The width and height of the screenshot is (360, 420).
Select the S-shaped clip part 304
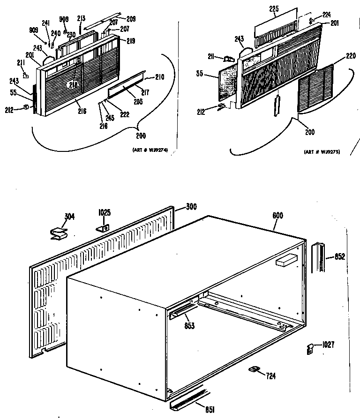[x=58, y=233]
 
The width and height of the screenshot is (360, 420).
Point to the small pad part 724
[x=254, y=370]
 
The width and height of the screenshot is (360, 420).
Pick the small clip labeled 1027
[x=309, y=348]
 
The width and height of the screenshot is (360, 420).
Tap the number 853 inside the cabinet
[x=189, y=325]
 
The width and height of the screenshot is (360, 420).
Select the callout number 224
[x=326, y=15]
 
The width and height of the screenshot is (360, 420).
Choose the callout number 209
[x=131, y=19]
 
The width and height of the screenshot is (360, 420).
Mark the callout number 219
[x=130, y=41]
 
